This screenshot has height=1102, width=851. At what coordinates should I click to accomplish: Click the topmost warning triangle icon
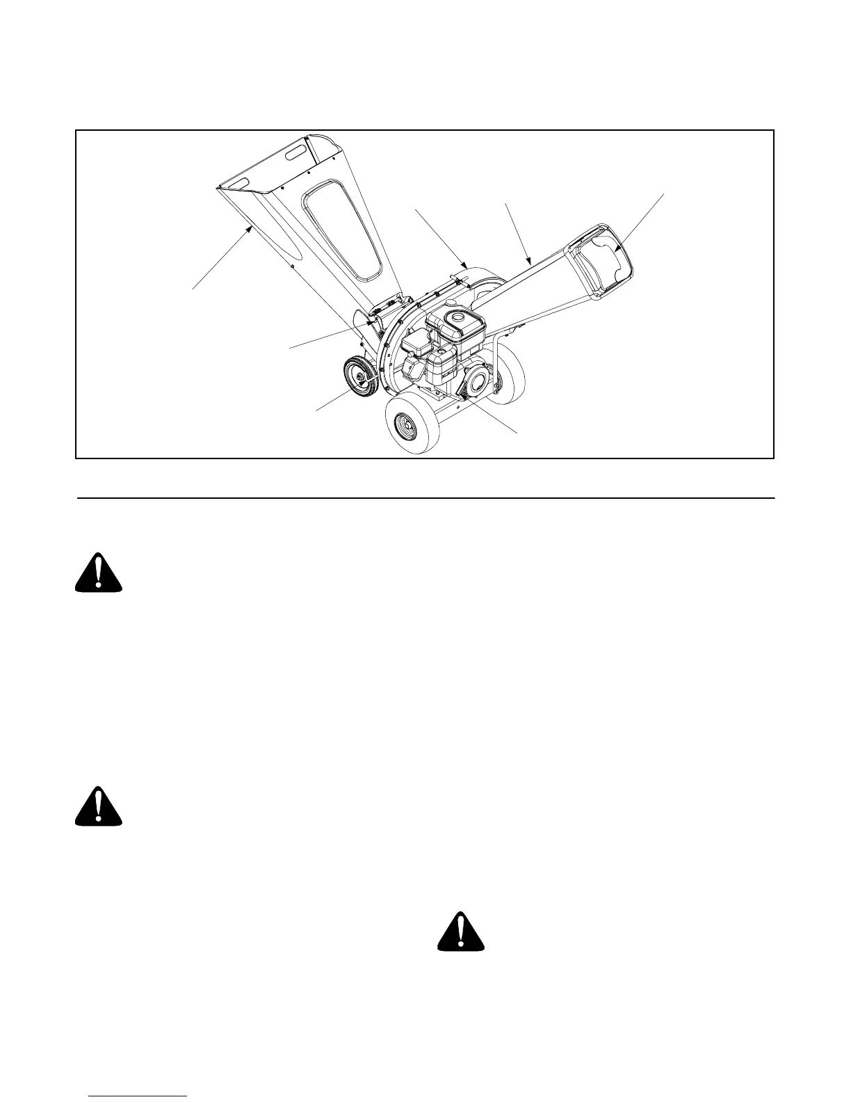99,573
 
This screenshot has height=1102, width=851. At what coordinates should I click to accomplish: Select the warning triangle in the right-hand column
460,932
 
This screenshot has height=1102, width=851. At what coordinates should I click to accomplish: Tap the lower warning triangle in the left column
99,806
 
